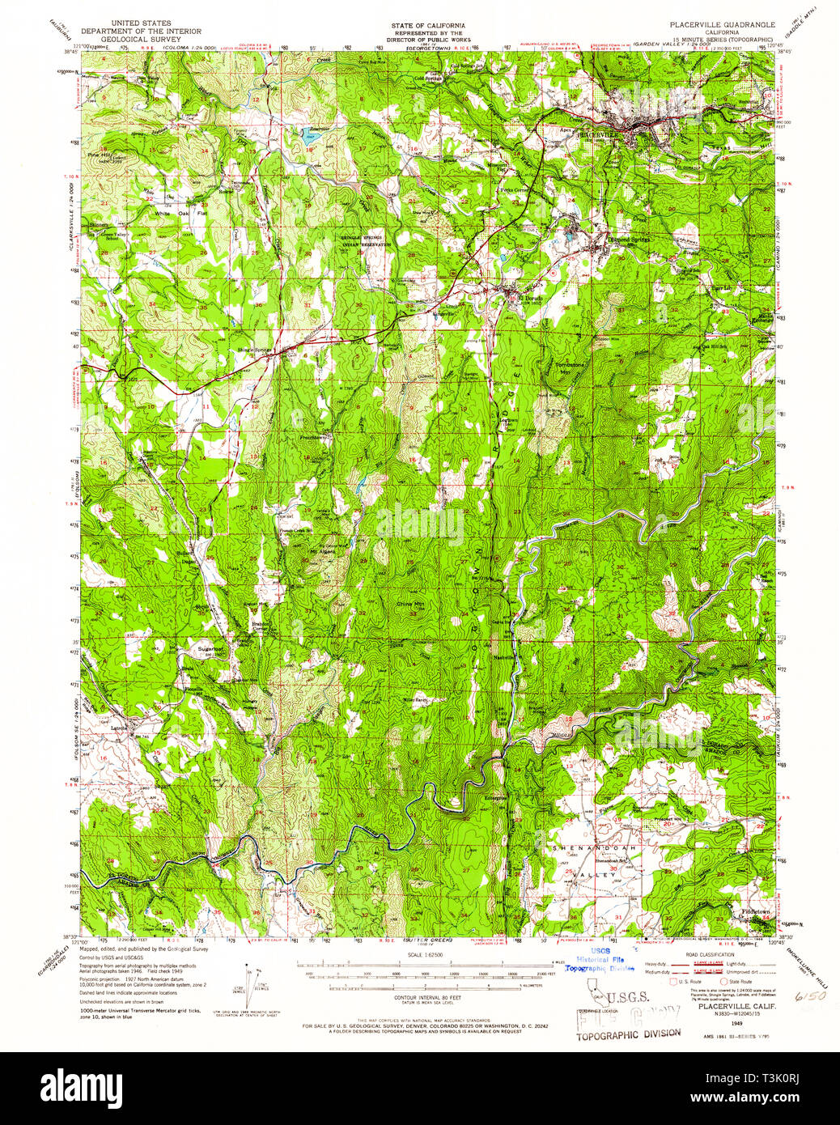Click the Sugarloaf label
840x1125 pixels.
click(x=211, y=648)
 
